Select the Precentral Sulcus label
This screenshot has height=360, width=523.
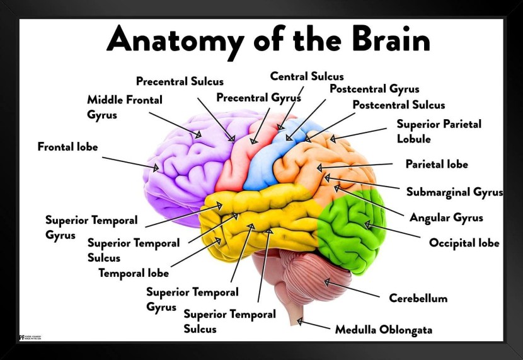pyautogui.click(x=180, y=81)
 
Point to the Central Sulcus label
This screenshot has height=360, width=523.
pyautogui.click(x=307, y=76)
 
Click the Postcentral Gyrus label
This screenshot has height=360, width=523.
pyautogui.click(x=374, y=89)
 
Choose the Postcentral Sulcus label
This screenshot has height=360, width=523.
pyautogui.click(x=398, y=105)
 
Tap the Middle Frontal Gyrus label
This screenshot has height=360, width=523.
pyautogui.click(x=124, y=107)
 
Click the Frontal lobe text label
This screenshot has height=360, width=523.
pyautogui.click(x=67, y=147)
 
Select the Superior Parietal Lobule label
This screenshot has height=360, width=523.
pyautogui.click(x=439, y=131)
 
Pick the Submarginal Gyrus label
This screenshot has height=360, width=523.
pyautogui.click(x=454, y=192)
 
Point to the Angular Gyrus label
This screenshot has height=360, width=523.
pyautogui.click(x=446, y=218)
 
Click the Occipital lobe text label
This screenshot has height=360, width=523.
pyautogui.click(x=464, y=243)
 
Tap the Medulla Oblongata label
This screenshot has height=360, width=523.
pyautogui.click(x=383, y=329)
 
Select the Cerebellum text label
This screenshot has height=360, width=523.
pyautogui.click(x=418, y=298)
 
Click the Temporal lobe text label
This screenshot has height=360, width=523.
pyautogui.click(x=134, y=273)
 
